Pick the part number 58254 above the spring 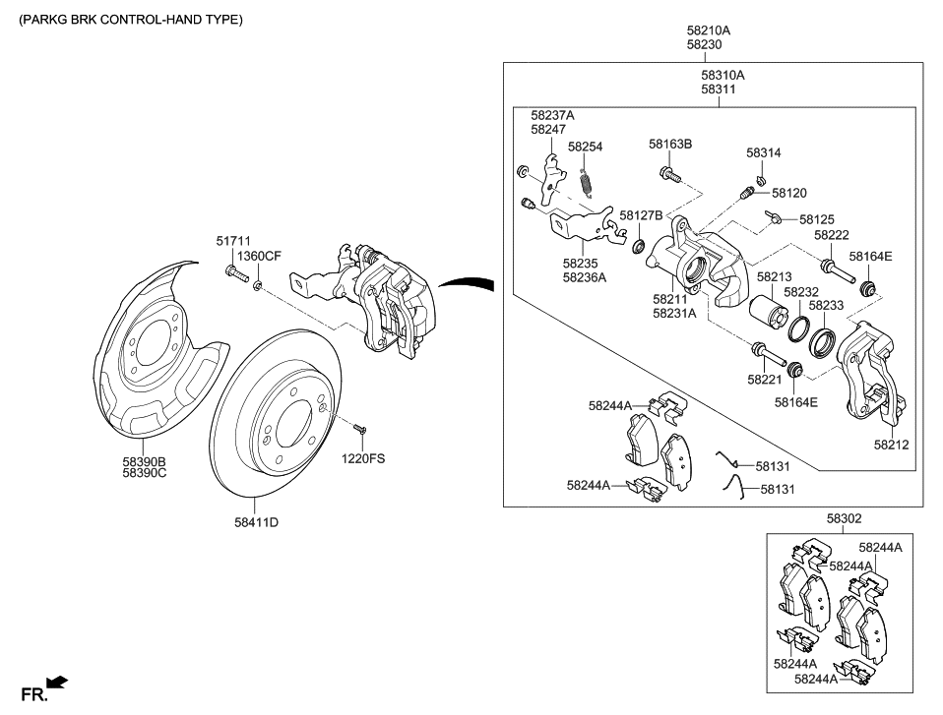click(585, 147)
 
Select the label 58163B click(670, 144)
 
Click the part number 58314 click(763, 153)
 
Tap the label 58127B click(641, 215)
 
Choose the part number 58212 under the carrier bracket click(891, 445)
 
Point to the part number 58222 click(831, 236)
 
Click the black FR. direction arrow click(57, 682)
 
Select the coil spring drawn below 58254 click(588, 183)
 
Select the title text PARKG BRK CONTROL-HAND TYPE click(130, 20)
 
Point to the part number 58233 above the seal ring click(826, 307)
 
